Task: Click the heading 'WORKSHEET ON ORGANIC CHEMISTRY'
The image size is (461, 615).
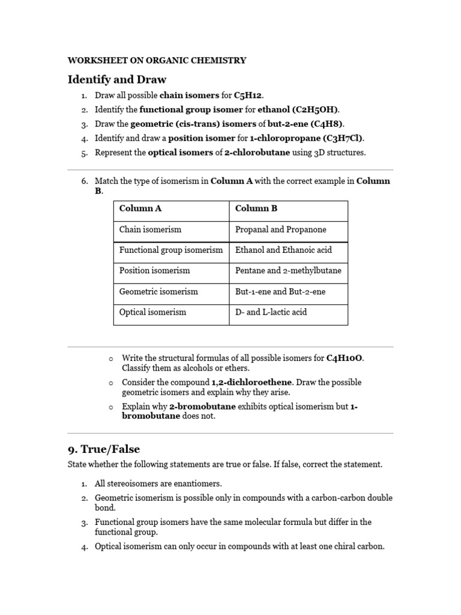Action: coord(157,60)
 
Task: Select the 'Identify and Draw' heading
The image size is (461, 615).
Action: coord(117,79)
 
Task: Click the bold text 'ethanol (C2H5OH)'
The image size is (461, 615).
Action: coord(298,109)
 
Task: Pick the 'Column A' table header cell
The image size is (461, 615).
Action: coord(140,208)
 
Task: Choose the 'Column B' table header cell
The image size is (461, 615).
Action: coord(256,208)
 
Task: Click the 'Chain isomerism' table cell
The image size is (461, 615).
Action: coord(150,229)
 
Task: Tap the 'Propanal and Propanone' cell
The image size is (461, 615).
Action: coord(281,229)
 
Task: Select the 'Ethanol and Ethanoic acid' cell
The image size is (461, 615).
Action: coord(283,250)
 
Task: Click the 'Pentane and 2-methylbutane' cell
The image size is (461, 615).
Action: coord(288,270)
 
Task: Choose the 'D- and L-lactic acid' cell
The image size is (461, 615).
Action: coord(271,312)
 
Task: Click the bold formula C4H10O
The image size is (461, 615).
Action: coord(345,359)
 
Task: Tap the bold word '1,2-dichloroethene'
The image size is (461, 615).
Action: coord(252,383)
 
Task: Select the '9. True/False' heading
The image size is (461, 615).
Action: coord(104,449)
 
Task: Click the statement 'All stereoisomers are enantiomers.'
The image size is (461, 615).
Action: coord(158,483)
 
